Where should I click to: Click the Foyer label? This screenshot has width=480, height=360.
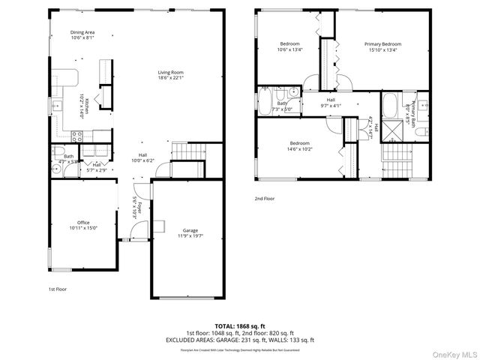(x=136, y=207)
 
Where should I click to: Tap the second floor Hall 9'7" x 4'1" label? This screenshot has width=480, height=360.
(x=331, y=103)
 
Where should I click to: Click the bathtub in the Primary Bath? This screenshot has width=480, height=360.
(x=391, y=106)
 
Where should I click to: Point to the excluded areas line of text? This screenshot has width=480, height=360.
(x=239, y=340)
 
